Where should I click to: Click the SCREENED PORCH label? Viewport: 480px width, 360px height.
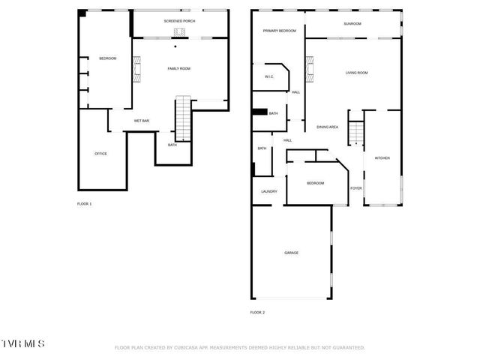coord(179,21)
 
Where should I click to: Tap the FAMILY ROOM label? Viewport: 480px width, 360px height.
coord(178,68)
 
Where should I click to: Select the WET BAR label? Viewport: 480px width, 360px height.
coord(141,121)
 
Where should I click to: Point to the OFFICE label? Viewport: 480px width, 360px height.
coord(100,154)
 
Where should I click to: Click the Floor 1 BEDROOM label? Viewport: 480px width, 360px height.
coord(108,58)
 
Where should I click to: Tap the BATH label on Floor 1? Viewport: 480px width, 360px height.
coord(172,145)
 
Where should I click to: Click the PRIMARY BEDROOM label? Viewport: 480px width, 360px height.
coord(279,31)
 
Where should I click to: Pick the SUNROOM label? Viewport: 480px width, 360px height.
coord(352,24)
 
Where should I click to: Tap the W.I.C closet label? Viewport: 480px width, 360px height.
coord(269,76)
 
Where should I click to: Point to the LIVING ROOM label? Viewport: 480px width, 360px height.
coord(356,73)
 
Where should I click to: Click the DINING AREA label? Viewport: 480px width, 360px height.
coord(327,127)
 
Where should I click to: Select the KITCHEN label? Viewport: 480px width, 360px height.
coord(382,158)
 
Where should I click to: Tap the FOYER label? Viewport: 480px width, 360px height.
coord(356,188)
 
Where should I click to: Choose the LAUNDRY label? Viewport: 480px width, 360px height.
coord(268,191)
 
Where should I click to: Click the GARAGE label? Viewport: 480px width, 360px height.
coord(291,253)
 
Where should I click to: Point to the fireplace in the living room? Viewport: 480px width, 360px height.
coord(308,73)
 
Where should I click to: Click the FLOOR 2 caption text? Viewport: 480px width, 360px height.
coord(257,312)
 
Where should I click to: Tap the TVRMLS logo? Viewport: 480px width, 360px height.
coord(22,343)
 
